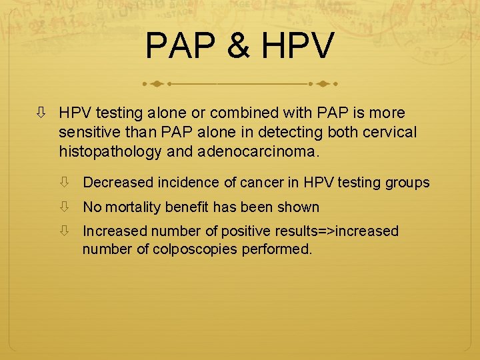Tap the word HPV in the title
tap(297, 46)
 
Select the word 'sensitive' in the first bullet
tap(87, 133)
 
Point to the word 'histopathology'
tap(110, 152)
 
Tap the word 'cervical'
tap(392, 133)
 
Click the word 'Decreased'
tap(115, 183)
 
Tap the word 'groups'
tap(407, 183)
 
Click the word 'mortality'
tap(133, 207)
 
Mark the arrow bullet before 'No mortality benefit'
tap(65, 207)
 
